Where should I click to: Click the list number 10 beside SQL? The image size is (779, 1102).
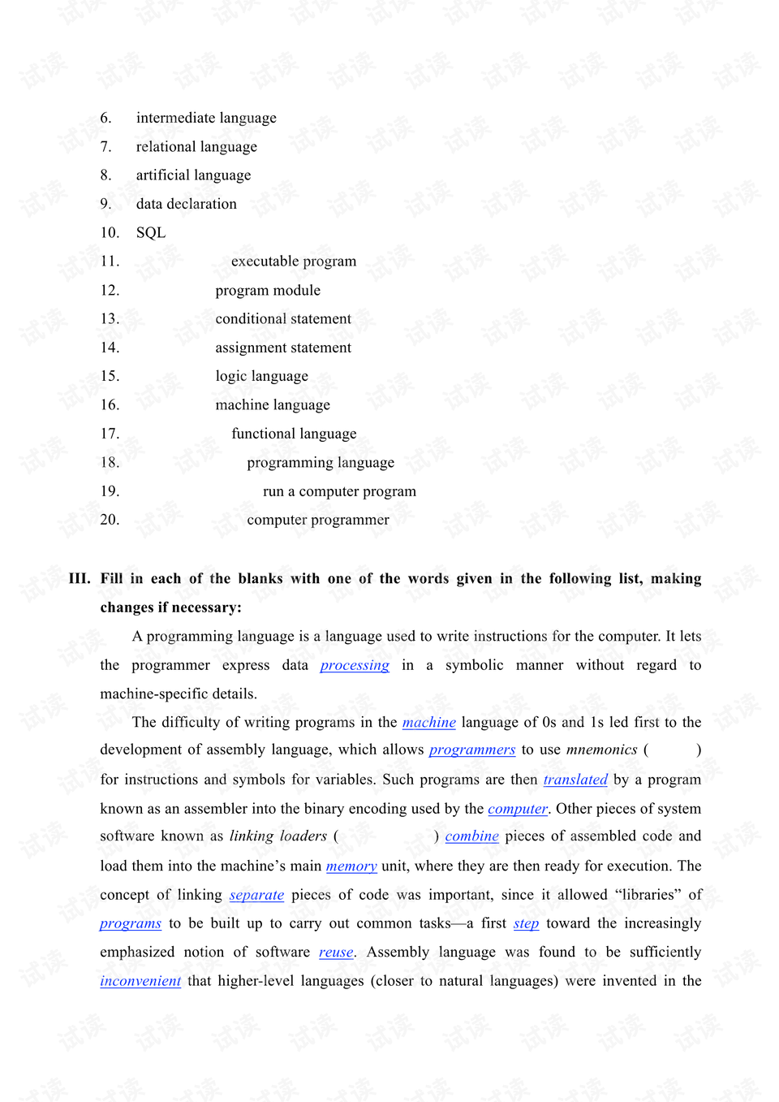[110, 233]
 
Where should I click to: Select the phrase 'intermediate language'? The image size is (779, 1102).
[206, 118]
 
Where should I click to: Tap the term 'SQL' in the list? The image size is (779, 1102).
[151, 233]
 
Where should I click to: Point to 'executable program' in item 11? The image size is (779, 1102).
[294, 261]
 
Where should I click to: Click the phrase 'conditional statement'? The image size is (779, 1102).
[283, 319]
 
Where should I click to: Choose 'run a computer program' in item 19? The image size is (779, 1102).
[339, 491]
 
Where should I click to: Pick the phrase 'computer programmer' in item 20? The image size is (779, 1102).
[318, 520]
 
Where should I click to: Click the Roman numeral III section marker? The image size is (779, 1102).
[80, 579]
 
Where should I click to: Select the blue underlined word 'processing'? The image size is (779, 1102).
[355, 666]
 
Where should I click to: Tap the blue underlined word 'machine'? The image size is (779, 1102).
[429, 723]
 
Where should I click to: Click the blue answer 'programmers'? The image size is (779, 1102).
[472, 750]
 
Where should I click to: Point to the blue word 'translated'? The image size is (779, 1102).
[575, 780]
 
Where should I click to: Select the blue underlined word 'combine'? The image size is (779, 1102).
[471, 836]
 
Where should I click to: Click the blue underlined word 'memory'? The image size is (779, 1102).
[351, 866]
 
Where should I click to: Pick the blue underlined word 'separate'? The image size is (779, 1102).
[256, 895]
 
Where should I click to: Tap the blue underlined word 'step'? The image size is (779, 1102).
[526, 923]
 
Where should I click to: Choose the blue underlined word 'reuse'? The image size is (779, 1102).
[336, 953]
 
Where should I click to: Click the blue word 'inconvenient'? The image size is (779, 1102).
[140, 981]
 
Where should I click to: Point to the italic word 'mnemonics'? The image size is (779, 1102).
[601, 750]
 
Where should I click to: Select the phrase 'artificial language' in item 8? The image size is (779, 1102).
[193, 175]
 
